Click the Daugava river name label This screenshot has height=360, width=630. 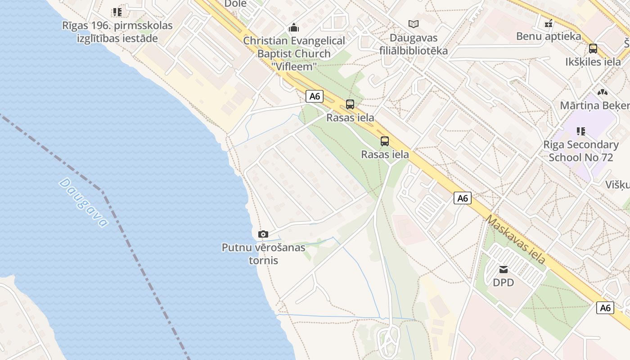[84, 202]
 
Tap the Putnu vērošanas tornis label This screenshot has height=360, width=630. [263, 254]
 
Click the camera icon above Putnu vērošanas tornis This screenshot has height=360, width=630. [263, 234]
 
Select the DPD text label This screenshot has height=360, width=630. [503, 283]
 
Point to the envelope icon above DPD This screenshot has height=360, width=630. [504, 270]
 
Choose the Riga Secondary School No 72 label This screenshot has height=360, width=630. [581, 151]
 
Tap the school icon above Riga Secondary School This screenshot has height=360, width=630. [581, 131]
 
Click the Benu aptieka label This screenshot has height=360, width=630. [549, 36]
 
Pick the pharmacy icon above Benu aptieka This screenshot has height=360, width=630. [549, 23]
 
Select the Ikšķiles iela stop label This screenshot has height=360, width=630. [593, 62]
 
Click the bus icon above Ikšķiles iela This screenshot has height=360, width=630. [593, 49]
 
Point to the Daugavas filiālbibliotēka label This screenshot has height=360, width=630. [414, 44]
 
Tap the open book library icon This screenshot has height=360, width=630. [414, 24]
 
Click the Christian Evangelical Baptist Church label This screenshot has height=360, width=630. [294, 53]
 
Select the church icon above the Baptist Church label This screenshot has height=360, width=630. [294, 28]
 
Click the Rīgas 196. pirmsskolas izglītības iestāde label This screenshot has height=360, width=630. [117, 31]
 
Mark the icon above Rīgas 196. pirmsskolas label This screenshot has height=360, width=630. [117, 12]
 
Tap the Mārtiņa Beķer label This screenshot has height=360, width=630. [594, 105]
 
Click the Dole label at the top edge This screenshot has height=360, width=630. [235, 4]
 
